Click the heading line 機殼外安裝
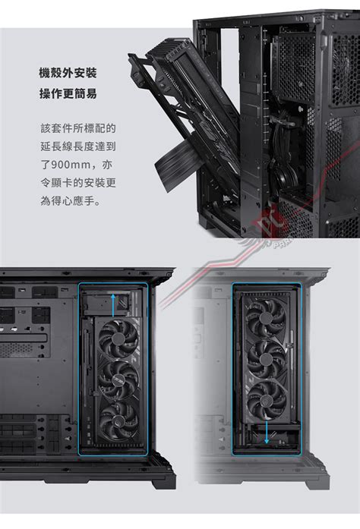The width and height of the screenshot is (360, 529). pyautogui.click(x=68, y=73)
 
